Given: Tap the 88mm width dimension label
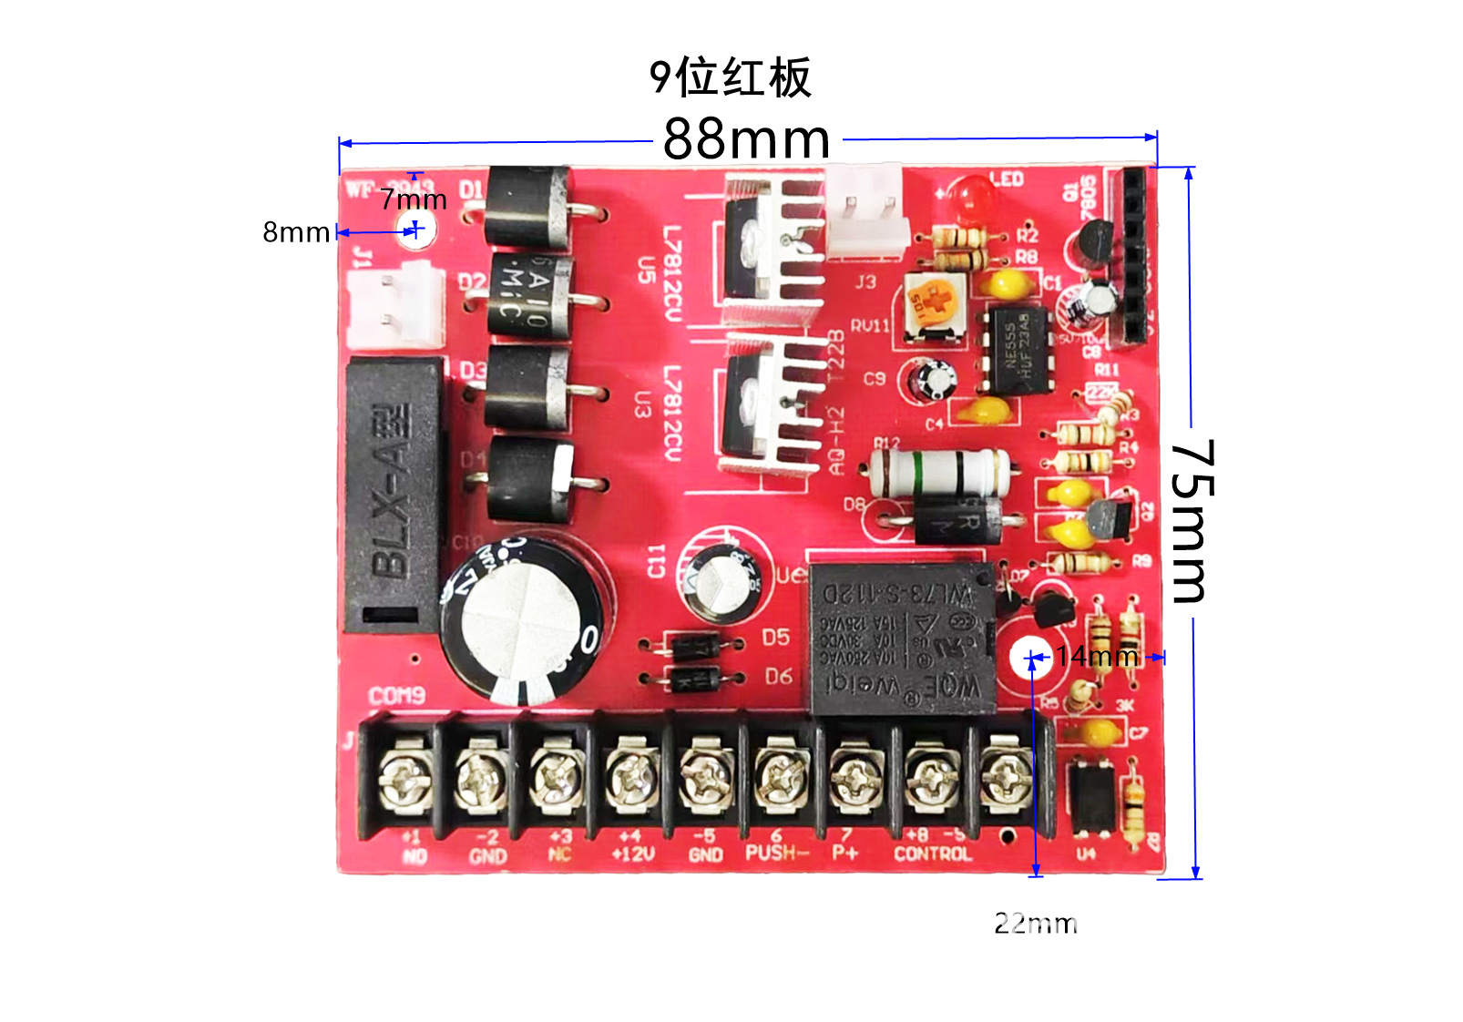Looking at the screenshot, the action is [746, 139].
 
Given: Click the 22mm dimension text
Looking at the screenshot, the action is [1036, 924].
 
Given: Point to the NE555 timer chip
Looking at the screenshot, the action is [1017, 352].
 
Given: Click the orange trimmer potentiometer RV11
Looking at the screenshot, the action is [934, 305].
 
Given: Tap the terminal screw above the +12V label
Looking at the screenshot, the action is [631, 779].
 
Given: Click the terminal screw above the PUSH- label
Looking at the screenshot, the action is [781, 779].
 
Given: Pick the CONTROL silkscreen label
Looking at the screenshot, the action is [932, 853].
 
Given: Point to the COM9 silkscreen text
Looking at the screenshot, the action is [397, 697].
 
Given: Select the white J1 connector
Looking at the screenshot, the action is [396, 306].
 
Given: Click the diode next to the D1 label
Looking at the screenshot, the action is [528, 208].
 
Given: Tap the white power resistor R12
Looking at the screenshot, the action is [938, 472].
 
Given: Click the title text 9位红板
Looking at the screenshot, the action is [730, 77].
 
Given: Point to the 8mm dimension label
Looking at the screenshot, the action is [296, 233].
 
